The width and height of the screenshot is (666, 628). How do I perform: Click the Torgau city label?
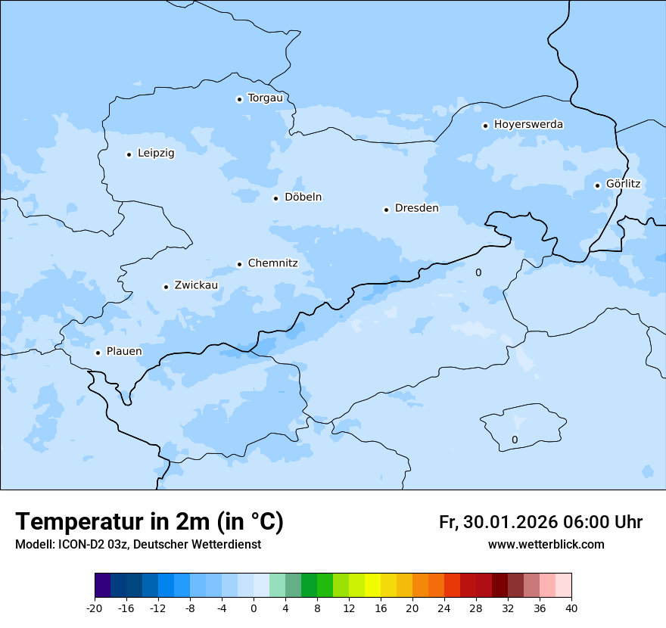pos(265,98)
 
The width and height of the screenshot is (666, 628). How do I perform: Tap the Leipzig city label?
pos(156,154)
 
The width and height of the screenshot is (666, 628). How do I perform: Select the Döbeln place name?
pos(303,197)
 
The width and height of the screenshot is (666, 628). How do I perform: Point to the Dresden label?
pos(416,208)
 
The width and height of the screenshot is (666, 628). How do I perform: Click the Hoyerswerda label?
pos(528,125)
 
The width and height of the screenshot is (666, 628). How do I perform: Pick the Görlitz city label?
pos(623,184)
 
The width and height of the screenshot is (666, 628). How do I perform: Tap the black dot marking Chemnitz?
pos(239,264)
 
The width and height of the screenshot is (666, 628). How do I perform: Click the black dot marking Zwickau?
pos(166,287)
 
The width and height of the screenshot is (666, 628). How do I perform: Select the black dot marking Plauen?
pos(98,353)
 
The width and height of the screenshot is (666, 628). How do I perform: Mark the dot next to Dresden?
pos(386,210)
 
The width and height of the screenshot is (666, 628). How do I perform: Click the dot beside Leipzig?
pos(129,154)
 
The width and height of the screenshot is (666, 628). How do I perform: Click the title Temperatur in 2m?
pos(149,522)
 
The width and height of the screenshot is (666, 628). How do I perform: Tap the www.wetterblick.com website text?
pos(546,545)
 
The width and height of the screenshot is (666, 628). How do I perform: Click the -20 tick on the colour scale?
pos(95,608)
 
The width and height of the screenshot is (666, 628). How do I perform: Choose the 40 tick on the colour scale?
pos(571,608)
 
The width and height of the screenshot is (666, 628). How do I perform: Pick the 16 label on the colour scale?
pos(381,608)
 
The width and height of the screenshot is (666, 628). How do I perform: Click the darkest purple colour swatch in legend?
pos(102,586)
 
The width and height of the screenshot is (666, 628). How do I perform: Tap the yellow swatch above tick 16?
pos(372,586)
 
